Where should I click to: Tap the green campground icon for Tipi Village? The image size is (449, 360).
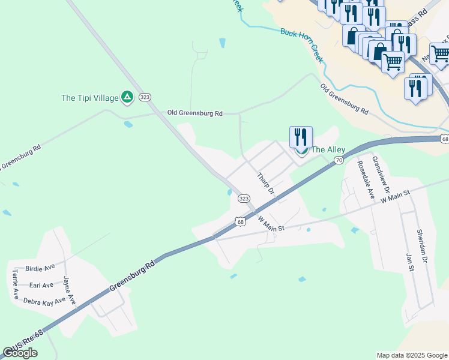click(x=127, y=97)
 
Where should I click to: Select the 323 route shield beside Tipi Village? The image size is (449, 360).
click(x=144, y=97)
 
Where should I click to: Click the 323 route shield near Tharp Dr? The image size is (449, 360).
click(x=243, y=199)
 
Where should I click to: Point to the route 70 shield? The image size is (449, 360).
click(x=339, y=160)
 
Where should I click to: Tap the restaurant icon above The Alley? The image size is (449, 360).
click(x=301, y=137)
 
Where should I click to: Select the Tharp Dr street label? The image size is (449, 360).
click(x=265, y=184)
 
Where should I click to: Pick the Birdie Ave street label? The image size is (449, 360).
click(x=40, y=267)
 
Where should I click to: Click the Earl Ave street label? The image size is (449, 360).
click(x=41, y=285)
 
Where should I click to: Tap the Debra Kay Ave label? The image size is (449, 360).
click(x=44, y=302)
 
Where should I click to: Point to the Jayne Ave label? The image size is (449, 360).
click(x=69, y=290)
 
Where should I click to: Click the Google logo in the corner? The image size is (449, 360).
click(x=20, y=353)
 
